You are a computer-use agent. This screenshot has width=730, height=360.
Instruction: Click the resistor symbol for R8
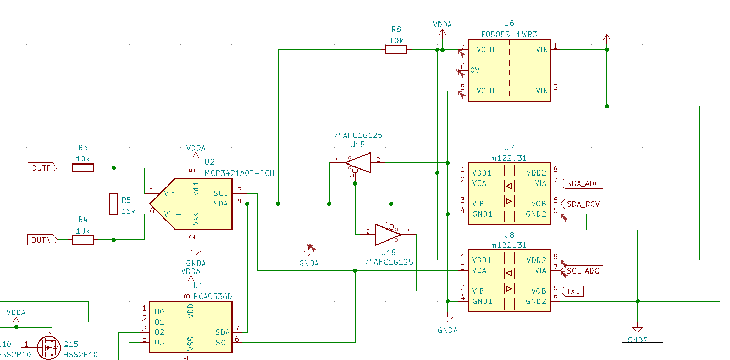tap(396, 50)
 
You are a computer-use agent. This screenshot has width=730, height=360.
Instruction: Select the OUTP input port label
tap(41, 168)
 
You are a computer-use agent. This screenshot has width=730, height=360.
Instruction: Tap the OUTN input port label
tap(41, 240)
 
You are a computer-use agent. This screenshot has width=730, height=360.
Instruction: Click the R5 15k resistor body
tap(114, 203)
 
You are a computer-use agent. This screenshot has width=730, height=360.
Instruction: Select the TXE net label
tap(573, 291)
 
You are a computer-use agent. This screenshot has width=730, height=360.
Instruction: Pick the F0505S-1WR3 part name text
tap(508, 34)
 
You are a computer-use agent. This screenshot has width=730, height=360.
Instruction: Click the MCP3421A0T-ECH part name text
tap(239, 173)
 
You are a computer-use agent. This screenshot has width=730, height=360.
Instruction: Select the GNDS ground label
tap(637, 341)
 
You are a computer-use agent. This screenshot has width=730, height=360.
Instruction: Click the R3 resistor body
tap(83, 168)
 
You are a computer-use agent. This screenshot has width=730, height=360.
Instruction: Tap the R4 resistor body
tap(83, 240)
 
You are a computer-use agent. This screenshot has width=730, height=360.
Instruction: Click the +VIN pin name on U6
tap(539, 50)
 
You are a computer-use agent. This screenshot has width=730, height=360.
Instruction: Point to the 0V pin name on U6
tap(475, 70)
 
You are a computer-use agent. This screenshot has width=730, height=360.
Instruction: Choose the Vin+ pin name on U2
tap(173, 193)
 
